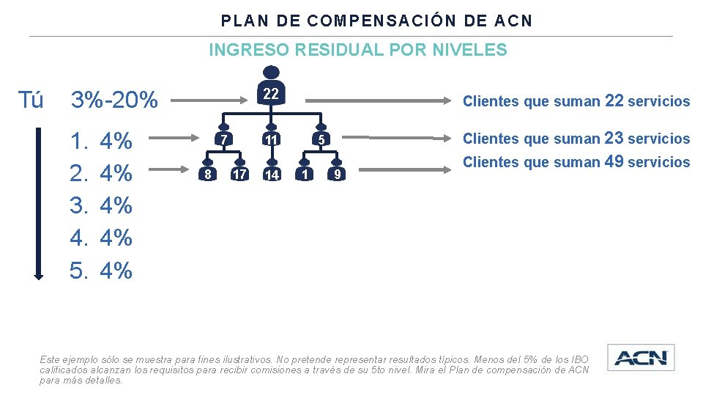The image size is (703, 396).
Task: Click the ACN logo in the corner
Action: coord(641,358)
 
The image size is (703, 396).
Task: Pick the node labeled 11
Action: coord(271,139)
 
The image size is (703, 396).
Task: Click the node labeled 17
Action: coord(239,175)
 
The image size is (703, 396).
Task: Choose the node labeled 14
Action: coord(272,175)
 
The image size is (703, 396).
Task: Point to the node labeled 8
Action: coord(208,175)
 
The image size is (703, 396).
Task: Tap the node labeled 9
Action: coord(335,175)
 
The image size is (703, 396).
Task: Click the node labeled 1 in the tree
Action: coord(305,175)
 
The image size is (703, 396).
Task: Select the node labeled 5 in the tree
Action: coord(320,139)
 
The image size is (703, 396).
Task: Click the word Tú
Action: coord(30,100)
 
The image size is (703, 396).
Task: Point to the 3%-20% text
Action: coord(114,100)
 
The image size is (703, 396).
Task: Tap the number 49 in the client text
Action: coord(614,161)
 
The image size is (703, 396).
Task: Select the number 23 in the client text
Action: coord(614,138)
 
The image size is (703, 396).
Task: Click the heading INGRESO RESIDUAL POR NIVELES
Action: coord(357,50)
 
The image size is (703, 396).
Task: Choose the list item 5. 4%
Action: coord(101,271)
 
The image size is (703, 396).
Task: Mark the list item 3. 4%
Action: coord(101,205)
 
